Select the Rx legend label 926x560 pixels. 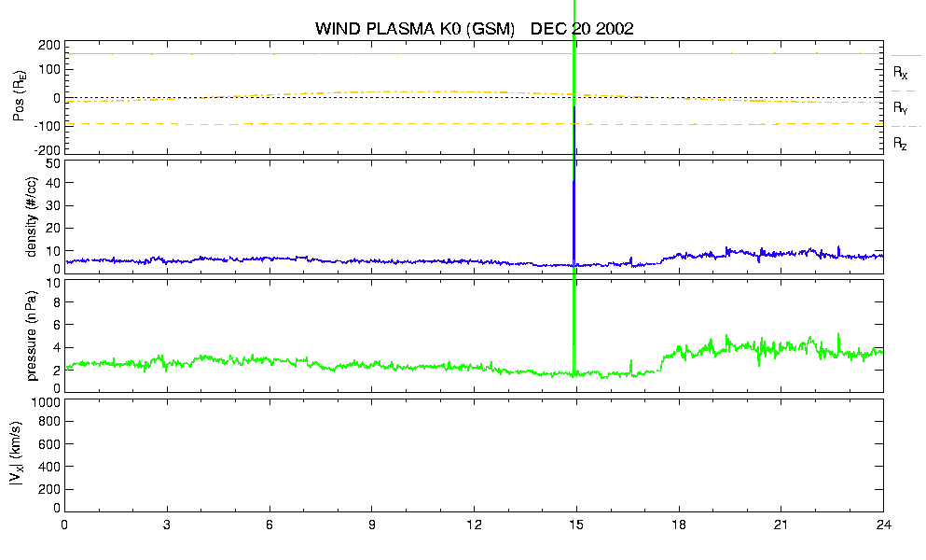(x=900, y=73)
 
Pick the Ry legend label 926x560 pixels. (x=900, y=107)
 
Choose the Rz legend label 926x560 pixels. (x=900, y=143)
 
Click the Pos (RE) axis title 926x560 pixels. (x=19, y=96)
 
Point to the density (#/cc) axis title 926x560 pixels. (x=32, y=217)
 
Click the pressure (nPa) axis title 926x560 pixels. (x=32, y=336)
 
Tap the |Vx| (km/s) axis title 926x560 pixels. (x=17, y=455)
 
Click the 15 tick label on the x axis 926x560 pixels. (x=575, y=525)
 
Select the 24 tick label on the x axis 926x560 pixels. (x=883, y=525)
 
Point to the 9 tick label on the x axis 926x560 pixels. (x=371, y=525)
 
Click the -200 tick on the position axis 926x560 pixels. (x=48, y=150)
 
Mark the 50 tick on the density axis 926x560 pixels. (x=53, y=164)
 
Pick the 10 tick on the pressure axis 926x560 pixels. (x=53, y=283)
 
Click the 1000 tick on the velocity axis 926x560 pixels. (x=46, y=402)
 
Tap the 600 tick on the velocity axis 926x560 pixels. (x=49, y=443)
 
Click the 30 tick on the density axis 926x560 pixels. (x=53, y=205)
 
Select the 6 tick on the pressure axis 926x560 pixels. (x=57, y=325)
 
